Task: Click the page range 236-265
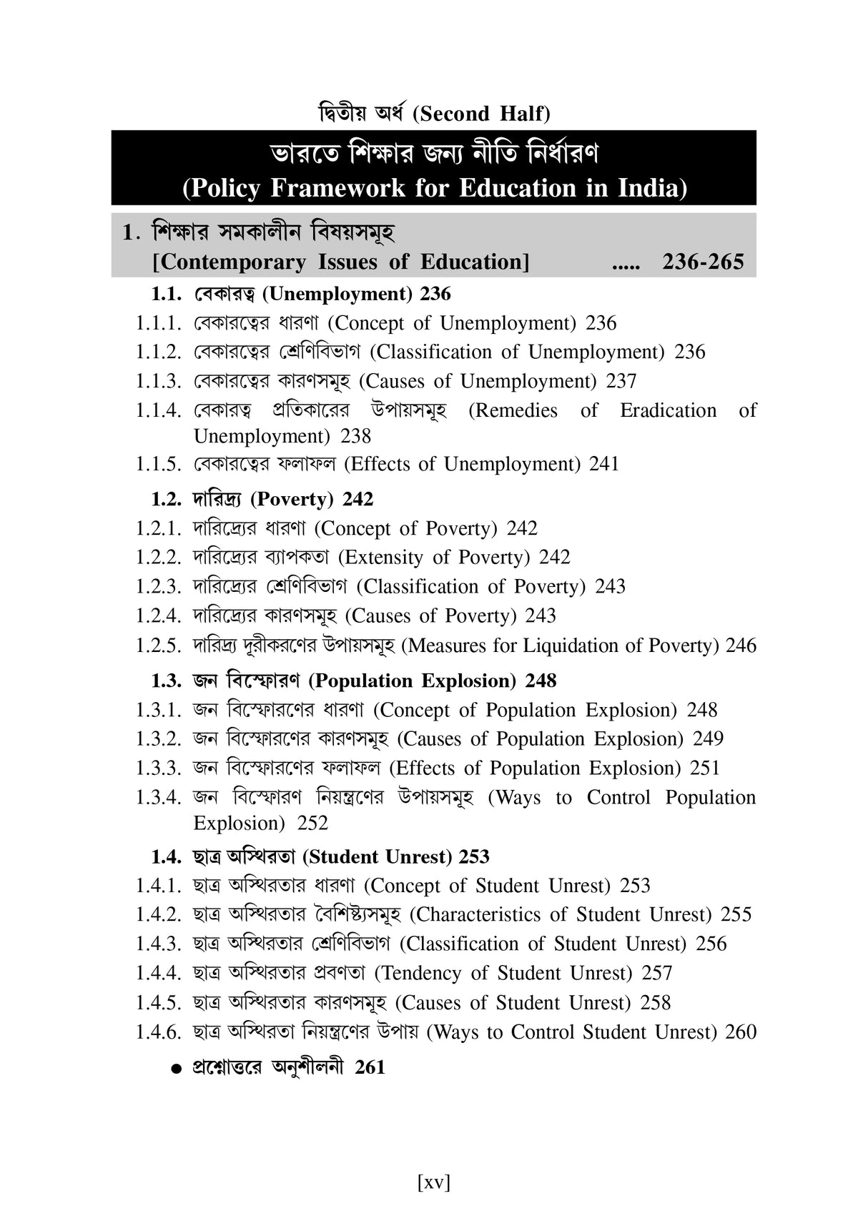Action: point(703,262)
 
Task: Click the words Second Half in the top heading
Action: point(484,114)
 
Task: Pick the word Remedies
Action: point(513,410)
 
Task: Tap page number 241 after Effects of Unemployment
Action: point(604,464)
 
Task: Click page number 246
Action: point(741,646)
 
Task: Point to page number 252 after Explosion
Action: point(312,823)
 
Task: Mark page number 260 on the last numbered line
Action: point(741,1032)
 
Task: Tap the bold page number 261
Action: point(370,1067)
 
